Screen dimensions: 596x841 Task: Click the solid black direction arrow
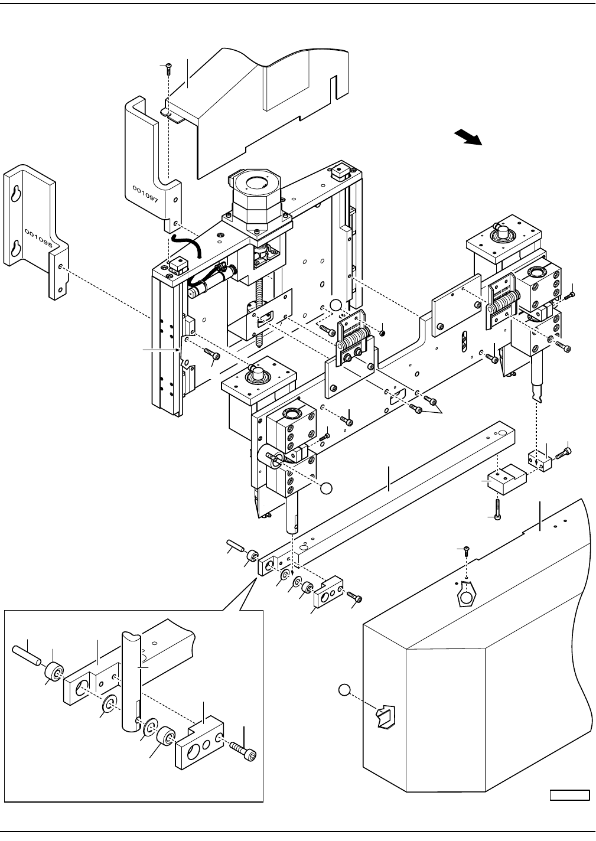coord(468,137)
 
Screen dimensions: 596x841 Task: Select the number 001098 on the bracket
coord(38,239)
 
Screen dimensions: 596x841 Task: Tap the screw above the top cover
coord(168,69)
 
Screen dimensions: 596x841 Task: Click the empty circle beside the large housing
coord(344,690)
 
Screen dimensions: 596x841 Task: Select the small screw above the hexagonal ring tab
coord(466,550)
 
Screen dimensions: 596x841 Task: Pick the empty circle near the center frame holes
coord(335,305)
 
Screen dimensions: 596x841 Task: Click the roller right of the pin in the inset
coord(54,671)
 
